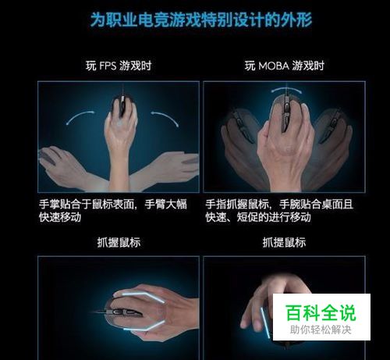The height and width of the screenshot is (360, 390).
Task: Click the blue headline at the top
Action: [201, 20]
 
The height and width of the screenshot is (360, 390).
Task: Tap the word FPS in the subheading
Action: [108, 66]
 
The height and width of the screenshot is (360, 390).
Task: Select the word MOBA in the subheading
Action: [274, 66]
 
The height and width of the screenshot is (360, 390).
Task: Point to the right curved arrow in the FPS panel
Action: [166, 117]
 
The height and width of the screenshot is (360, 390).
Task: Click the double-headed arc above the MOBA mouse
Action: [286, 89]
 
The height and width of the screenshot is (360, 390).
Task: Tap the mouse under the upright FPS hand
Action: [122, 105]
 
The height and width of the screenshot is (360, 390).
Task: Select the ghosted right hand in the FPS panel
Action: [166, 170]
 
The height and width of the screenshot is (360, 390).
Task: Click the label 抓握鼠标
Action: [119, 243]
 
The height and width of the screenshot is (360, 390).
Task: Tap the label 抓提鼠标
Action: [284, 243]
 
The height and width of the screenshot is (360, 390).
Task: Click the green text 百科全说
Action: [321, 312]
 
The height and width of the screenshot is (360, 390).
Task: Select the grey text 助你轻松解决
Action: [321, 330]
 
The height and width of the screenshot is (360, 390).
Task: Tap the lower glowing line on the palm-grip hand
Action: [144, 326]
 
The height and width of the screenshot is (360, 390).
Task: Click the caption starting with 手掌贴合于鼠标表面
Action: [113, 211]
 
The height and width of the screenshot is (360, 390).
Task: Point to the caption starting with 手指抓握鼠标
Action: [279, 211]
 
